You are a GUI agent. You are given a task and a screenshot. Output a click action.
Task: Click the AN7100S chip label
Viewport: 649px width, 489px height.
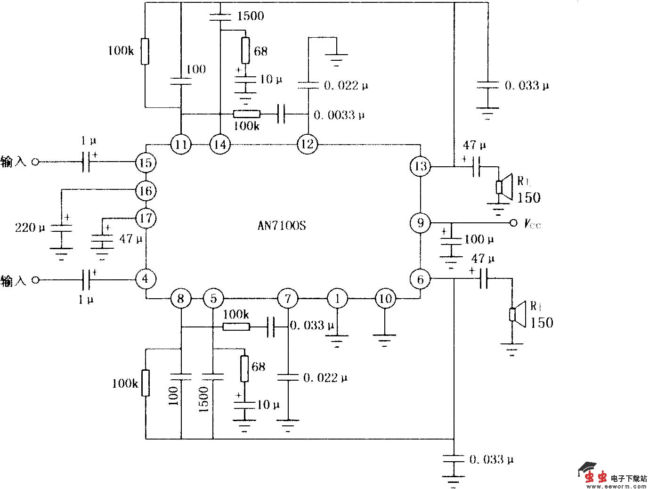point(282,225)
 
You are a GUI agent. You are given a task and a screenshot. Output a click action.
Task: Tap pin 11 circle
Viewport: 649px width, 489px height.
point(181,144)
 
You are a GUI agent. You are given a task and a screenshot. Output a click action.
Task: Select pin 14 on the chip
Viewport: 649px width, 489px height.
point(220,144)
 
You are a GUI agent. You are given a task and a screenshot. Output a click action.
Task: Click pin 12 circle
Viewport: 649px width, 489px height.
point(307,144)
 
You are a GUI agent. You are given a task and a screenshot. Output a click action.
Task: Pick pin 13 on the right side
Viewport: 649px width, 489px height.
point(420,166)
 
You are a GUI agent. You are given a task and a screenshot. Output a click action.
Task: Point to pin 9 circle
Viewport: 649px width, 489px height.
point(420,222)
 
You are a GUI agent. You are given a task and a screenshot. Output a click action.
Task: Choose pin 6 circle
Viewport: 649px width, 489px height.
point(420,279)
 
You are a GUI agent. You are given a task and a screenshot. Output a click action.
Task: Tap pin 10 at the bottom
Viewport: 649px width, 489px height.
point(385,298)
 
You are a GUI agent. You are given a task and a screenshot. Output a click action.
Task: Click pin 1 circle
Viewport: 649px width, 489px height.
point(337,298)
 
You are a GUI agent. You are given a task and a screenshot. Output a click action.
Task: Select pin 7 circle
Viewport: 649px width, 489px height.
point(288,298)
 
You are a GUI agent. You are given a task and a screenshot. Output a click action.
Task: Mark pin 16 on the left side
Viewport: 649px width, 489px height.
point(146,191)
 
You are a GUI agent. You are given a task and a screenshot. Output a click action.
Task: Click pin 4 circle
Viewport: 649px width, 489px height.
point(146,279)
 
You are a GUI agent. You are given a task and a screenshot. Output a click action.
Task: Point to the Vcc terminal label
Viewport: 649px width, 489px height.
point(532,224)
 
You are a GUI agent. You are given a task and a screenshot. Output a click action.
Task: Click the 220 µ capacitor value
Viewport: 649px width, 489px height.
point(30,228)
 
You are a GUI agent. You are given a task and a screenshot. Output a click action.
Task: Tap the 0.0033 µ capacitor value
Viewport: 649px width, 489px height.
point(339,115)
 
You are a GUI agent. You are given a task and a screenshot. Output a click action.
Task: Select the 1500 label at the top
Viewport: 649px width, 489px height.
point(251,16)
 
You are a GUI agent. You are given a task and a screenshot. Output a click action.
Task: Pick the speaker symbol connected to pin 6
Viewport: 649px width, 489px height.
point(519,314)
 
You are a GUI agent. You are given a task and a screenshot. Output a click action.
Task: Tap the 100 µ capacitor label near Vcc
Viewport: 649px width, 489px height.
point(479,239)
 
